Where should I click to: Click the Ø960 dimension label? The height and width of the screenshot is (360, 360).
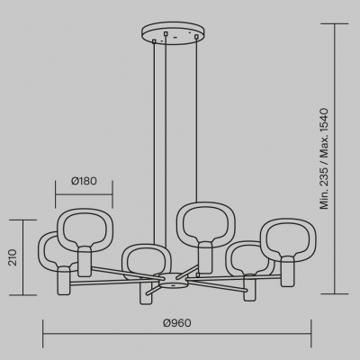tap(177, 323)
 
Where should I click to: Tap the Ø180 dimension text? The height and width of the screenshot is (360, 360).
tap(84, 181)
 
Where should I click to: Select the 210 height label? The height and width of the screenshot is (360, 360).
tap(13, 257)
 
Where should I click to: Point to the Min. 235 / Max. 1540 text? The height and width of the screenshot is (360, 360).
tap(324, 158)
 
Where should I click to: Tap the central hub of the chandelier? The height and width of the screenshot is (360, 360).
tap(172, 281)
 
